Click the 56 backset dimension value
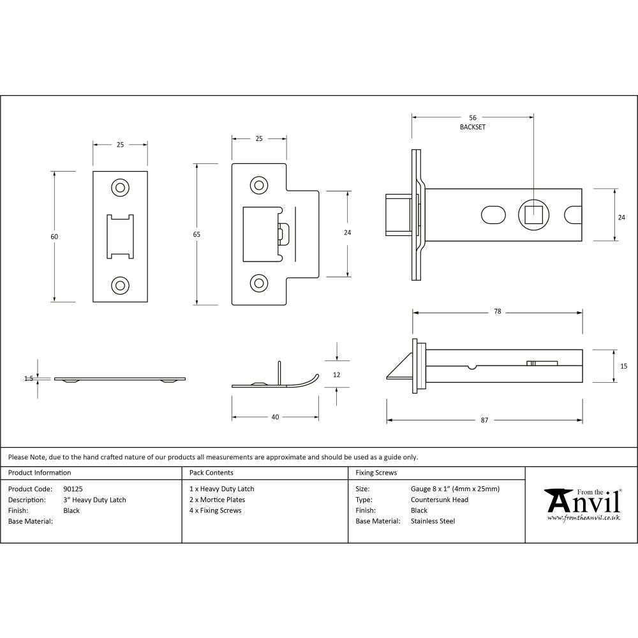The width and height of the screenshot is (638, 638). pyautogui.click(x=473, y=118)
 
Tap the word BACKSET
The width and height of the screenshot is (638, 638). pyautogui.click(x=473, y=128)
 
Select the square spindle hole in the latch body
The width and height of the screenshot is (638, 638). pyautogui.click(x=533, y=214)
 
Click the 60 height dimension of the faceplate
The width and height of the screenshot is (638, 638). pyautogui.click(x=54, y=237)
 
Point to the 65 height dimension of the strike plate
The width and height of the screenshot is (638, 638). pyautogui.click(x=197, y=235)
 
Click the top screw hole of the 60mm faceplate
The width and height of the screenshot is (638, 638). pyautogui.click(x=120, y=187)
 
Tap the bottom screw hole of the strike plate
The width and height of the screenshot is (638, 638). pyautogui.click(x=258, y=281)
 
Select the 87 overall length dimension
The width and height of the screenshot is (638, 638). pyautogui.click(x=484, y=420)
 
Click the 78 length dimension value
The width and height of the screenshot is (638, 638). pyautogui.click(x=497, y=312)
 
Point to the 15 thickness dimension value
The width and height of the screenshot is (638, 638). pyautogui.click(x=623, y=366)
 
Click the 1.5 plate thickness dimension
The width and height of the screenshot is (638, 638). pyautogui.click(x=29, y=378)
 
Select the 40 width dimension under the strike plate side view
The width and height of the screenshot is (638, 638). pyautogui.click(x=275, y=417)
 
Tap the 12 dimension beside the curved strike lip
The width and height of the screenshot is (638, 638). pyautogui.click(x=337, y=375)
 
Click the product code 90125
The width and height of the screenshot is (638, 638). pyautogui.click(x=73, y=489)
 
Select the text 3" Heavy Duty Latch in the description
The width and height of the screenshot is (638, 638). pyautogui.click(x=94, y=500)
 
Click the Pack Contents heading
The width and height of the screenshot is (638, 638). pyautogui.click(x=211, y=473)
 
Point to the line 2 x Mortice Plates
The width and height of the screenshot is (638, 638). pyautogui.click(x=217, y=500)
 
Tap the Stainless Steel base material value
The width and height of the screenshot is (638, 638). pyautogui.click(x=433, y=521)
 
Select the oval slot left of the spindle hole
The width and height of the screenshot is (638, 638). pyautogui.click(x=492, y=214)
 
